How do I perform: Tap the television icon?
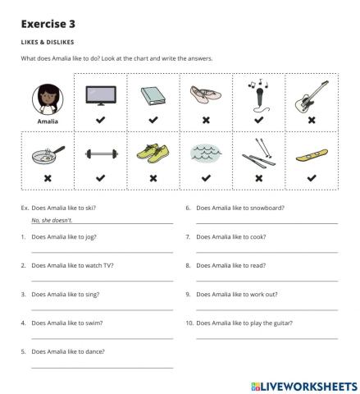(x=100, y=96)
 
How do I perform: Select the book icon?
(x=153, y=96)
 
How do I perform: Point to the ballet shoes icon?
(x=206, y=96)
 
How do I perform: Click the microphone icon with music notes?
(x=258, y=94)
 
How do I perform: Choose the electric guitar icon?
(x=312, y=94)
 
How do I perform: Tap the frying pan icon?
(x=48, y=153)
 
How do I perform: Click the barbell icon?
(x=100, y=154)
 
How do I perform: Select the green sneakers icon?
(x=153, y=153)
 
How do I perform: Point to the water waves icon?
(x=206, y=154)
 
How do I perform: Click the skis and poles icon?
(x=258, y=153)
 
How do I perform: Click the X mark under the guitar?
(x=312, y=120)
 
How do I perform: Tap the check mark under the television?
(x=100, y=120)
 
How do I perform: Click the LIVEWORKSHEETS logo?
(x=300, y=384)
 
